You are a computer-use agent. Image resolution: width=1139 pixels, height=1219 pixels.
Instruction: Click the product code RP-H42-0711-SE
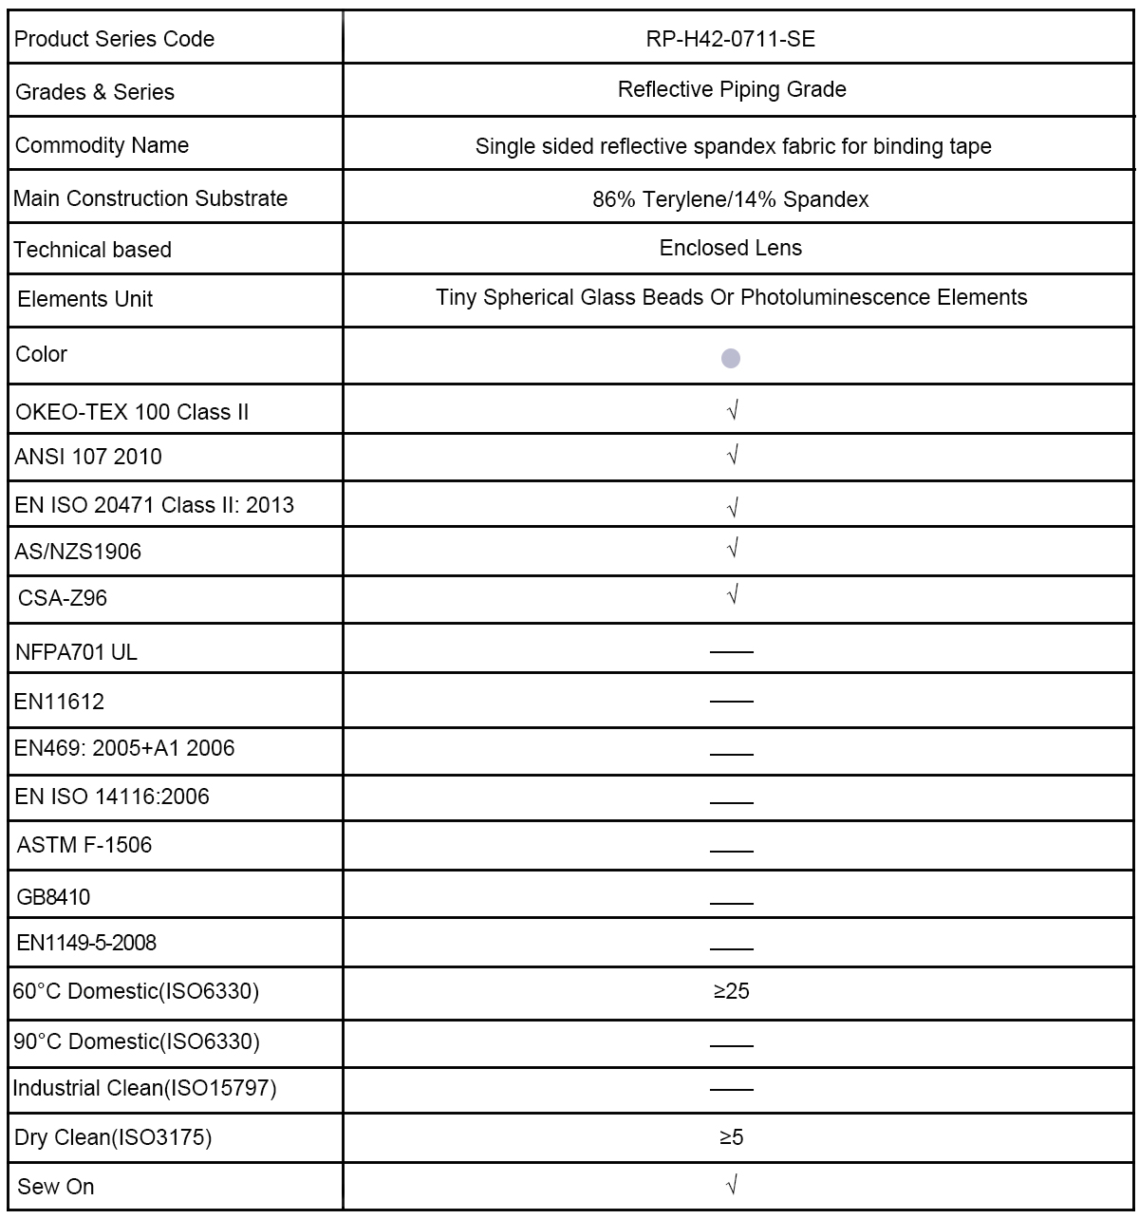tap(731, 39)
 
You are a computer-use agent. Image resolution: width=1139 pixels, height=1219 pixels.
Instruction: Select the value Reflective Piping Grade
tap(732, 89)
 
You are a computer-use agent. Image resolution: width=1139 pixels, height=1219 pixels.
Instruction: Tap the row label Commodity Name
tap(102, 145)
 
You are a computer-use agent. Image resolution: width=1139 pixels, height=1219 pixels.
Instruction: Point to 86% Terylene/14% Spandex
tap(731, 199)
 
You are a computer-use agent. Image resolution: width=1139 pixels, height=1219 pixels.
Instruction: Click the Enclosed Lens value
tap(731, 248)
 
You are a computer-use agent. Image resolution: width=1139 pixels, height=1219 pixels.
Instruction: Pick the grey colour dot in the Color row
tap(731, 358)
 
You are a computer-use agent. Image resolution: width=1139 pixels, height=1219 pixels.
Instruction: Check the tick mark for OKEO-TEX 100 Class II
tap(732, 410)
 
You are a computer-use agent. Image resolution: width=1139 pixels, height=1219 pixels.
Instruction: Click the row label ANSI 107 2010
tap(88, 457)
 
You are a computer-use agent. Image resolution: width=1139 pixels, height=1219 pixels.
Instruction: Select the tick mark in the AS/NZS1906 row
tap(732, 549)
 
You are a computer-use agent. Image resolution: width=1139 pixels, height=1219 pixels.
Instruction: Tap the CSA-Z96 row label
tap(63, 598)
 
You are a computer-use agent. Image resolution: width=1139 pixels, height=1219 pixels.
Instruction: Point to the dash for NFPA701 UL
tap(731, 652)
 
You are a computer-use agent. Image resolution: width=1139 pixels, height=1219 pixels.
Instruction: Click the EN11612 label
tap(59, 702)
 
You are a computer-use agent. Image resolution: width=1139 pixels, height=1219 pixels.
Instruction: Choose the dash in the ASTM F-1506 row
tap(731, 851)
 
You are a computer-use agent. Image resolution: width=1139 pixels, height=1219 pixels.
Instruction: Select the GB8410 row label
tap(54, 897)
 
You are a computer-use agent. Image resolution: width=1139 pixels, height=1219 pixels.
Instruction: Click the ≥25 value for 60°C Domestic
tap(732, 991)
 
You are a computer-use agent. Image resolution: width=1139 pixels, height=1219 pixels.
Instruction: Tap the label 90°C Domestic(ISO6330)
tap(136, 1041)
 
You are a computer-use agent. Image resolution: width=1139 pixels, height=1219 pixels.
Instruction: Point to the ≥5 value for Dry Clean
tap(732, 1137)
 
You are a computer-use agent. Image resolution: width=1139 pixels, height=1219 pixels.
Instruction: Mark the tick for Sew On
tap(732, 1185)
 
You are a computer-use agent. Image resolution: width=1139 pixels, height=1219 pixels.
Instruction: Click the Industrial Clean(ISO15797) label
tap(144, 1088)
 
